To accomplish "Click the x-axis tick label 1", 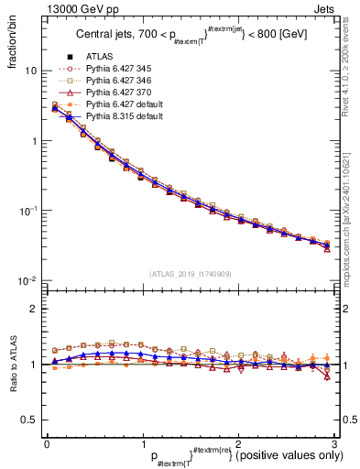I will coord(142,443).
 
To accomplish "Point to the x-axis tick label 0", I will coord(47,443).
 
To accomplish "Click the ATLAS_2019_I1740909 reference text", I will coord(189,274).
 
